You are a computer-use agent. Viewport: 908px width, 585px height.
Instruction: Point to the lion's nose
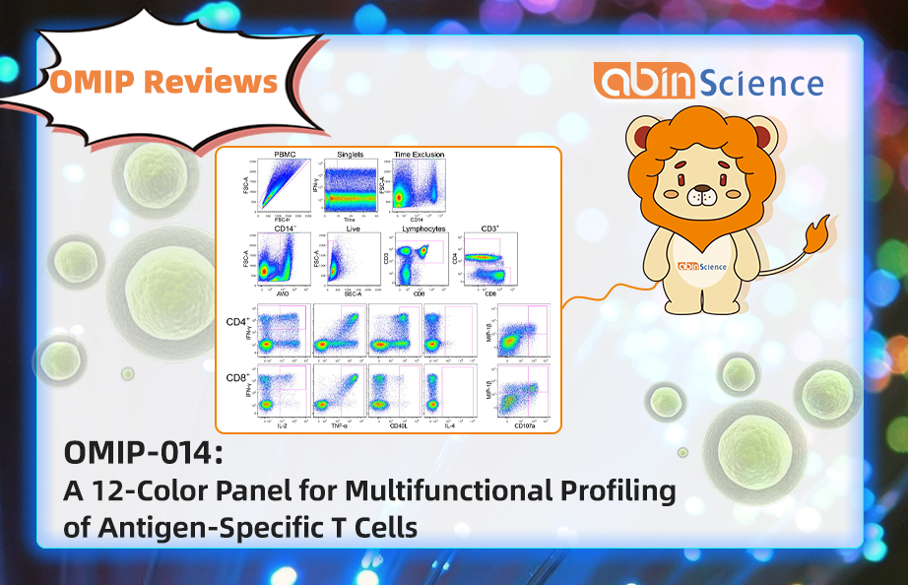click(702, 198)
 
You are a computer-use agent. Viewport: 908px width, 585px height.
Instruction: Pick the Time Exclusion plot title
click(420, 156)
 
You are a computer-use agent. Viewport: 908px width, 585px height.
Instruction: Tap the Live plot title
click(354, 228)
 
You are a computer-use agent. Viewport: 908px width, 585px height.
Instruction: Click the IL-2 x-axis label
click(284, 424)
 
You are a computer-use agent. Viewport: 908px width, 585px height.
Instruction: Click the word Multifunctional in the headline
click(412, 490)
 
